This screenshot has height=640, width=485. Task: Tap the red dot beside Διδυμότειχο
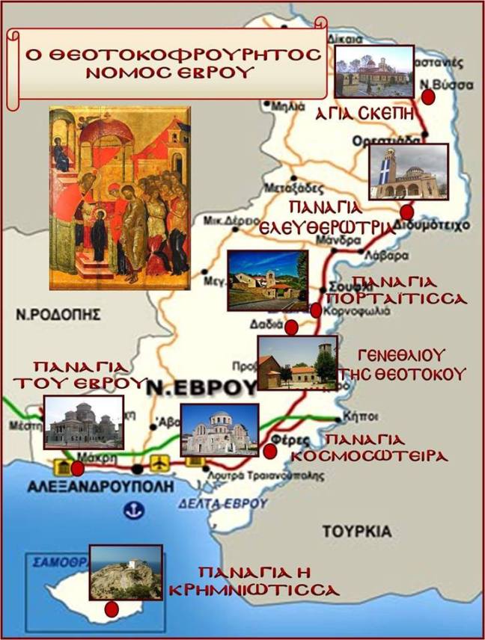(406, 212)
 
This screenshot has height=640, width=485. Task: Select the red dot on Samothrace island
(112, 609)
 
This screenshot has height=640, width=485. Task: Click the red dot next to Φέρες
(270, 450)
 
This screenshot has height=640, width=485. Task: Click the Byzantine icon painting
(119, 198)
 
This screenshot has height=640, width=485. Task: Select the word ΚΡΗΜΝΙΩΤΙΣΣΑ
(273, 590)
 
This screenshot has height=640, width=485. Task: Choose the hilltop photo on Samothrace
(125, 572)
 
